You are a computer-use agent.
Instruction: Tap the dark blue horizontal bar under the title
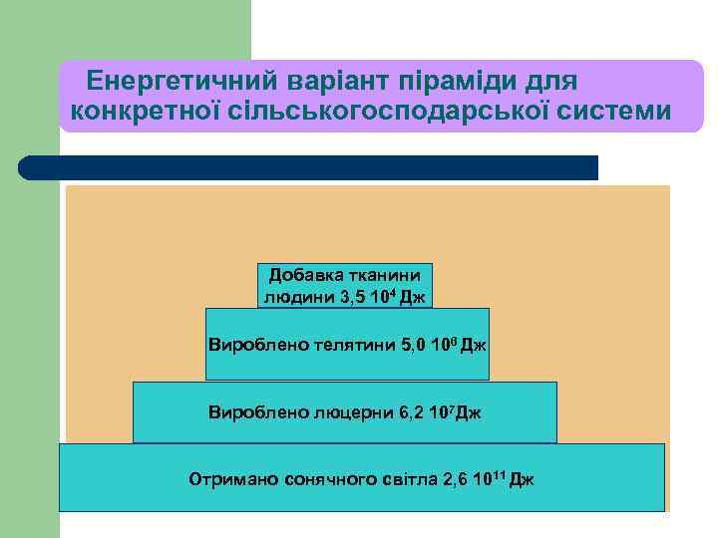(x=309, y=167)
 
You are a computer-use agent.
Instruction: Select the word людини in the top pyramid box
(x=294, y=297)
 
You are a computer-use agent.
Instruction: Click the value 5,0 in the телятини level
(x=412, y=346)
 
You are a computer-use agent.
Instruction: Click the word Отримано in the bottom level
(x=226, y=480)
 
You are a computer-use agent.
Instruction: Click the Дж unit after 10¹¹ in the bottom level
(x=522, y=480)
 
